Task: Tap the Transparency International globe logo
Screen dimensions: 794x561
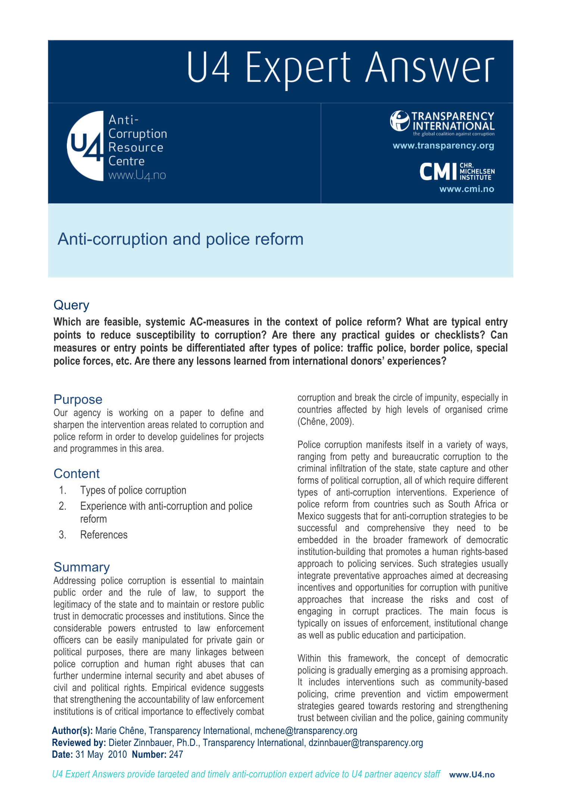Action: click(399, 121)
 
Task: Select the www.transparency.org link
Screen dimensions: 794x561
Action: click(443, 146)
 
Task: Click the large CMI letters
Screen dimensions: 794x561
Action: click(438, 172)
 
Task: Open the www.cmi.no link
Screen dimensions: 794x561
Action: click(467, 189)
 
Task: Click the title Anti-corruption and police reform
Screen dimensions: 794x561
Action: click(180, 239)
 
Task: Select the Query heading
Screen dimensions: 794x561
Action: click(71, 305)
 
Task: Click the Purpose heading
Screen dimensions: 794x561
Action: click(78, 399)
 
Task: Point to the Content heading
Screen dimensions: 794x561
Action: click(77, 473)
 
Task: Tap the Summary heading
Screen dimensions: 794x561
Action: click(81, 567)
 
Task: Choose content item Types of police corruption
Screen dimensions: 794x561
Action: click(133, 490)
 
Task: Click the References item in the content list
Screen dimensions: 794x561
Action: click(104, 535)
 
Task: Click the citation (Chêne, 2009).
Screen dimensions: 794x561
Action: click(325, 422)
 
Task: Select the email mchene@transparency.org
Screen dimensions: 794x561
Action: click(306, 731)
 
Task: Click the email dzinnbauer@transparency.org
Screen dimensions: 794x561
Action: click(365, 743)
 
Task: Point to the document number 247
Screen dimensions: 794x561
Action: click(176, 754)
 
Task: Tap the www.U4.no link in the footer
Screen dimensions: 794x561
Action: click(472, 775)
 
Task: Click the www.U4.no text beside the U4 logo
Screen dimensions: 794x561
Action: click(137, 175)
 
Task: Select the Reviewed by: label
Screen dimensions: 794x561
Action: click(79, 743)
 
